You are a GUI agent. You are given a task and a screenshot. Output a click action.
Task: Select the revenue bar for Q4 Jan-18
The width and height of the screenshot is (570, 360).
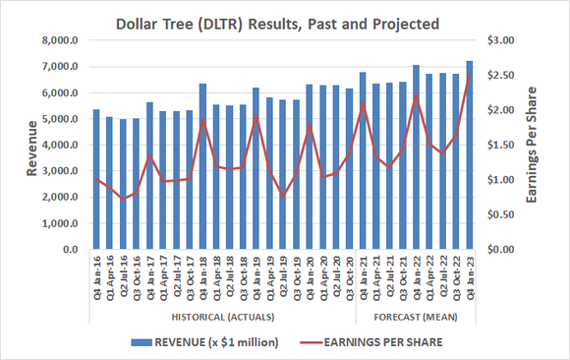click(x=202, y=167)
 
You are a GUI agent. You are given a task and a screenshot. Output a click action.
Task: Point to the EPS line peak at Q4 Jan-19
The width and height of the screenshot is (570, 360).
click(x=256, y=116)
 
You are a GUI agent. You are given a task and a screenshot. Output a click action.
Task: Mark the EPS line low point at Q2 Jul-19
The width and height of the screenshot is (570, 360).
click(x=283, y=196)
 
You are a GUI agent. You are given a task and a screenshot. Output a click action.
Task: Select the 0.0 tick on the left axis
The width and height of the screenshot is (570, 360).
click(x=72, y=250)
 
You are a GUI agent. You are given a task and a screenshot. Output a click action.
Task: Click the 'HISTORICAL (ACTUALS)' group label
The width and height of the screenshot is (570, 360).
click(x=222, y=317)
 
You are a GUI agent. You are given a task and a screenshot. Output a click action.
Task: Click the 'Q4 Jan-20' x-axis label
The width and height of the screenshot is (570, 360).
click(x=310, y=281)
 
